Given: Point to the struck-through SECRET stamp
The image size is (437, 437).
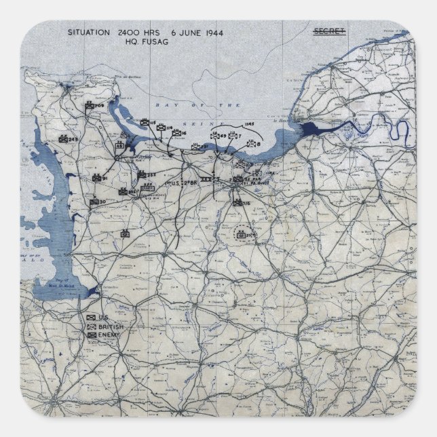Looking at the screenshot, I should tap(329, 31).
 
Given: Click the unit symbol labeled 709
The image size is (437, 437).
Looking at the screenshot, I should tap(89, 107).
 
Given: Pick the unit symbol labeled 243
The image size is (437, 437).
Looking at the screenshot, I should tap(62, 139).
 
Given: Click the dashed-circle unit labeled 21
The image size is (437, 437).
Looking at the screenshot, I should tap(240, 235).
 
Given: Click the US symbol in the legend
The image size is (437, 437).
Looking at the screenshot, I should tap(91, 318).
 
